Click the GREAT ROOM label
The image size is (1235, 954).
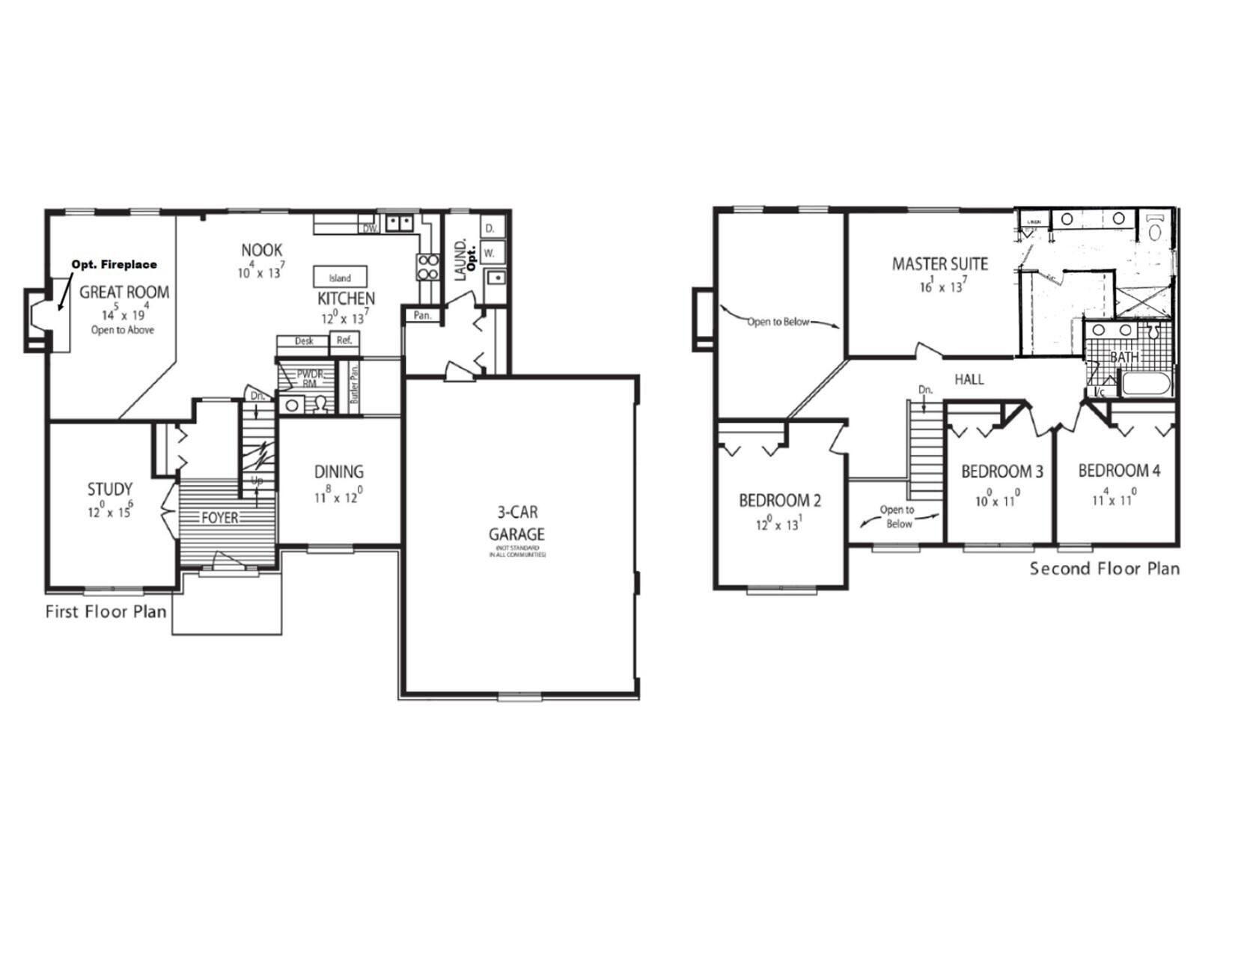pyautogui.click(x=124, y=292)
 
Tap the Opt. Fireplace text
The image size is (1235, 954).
pyautogui.click(x=114, y=264)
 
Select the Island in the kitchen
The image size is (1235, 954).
pyautogui.click(x=340, y=276)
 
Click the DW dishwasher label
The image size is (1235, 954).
pyautogui.click(x=369, y=228)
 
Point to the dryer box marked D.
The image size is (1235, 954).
pyautogui.click(x=491, y=227)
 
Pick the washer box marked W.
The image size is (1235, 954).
pyautogui.click(x=490, y=253)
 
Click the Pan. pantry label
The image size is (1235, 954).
pyautogui.click(x=422, y=315)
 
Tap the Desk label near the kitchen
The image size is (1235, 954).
pyautogui.click(x=304, y=341)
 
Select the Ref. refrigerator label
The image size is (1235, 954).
pyautogui.click(x=344, y=340)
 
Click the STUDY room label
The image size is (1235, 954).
pyautogui.click(x=110, y=489)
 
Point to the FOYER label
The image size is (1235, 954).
pyautogui.click(x=219, y=518)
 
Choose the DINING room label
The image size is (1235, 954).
pyautogui.click(x=338, y=471)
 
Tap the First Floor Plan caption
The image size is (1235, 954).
pyautogui.click(x=106, y=611)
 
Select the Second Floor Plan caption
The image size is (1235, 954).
pyautogui.click(x=1104, y=569)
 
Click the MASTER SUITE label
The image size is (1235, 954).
pyautogui.click(x=939, y=263)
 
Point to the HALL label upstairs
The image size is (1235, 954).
pyautogui.click(x=969, y=379)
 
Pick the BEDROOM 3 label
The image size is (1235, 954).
pyautogui.click(x=1001, y=471)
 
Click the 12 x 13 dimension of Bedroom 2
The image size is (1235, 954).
pyautogui.click(x=778, y=525)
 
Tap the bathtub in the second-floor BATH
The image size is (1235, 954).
pyautogui.click(x=1145, y=386)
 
